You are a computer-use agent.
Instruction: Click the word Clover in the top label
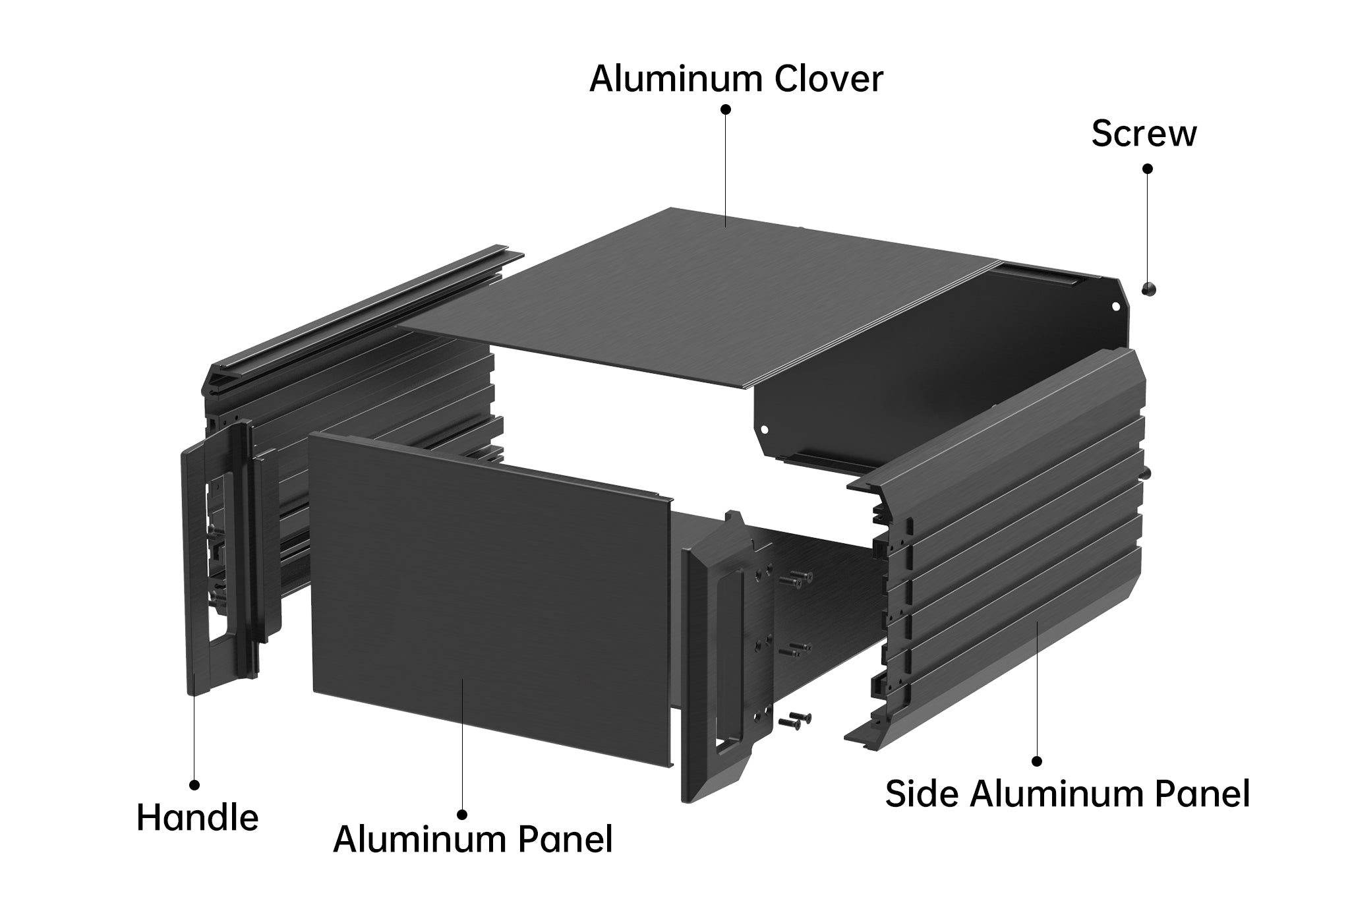(x=828, y=79)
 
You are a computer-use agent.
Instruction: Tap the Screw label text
(x=1144, y=133)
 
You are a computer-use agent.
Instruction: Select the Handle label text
(x=197, y=818)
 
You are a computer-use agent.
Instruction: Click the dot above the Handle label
(x=194, y=784)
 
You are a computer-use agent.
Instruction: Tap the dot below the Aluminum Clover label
(x=726, y=109)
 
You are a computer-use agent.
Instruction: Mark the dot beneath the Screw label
(x=1148, y=169)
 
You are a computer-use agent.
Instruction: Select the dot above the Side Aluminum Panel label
(x=1037, y=761)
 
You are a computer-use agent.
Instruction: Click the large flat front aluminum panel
(x=491, y=597)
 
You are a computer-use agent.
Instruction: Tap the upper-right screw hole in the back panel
(x=1116, y=306)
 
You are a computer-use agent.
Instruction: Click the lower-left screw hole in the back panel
(x=765, y=428)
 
